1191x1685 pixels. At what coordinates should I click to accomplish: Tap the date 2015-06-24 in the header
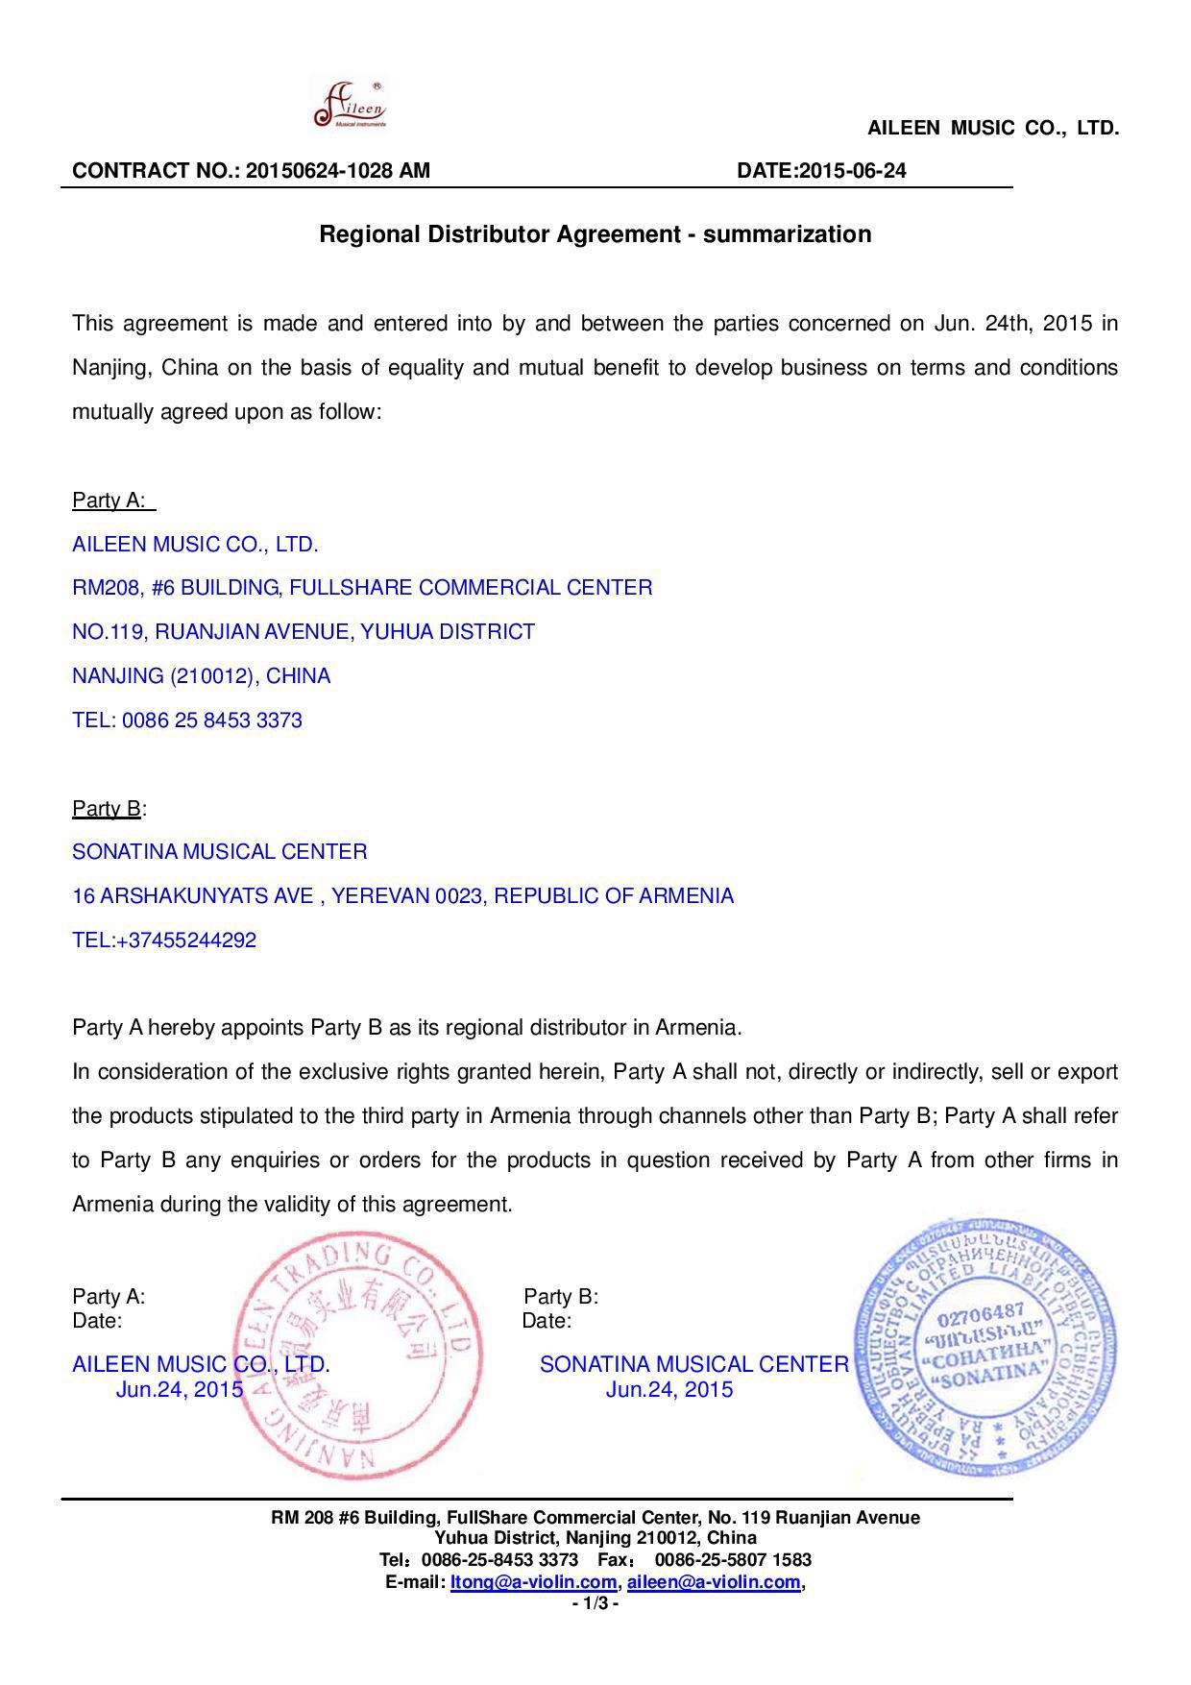tap(852, 171)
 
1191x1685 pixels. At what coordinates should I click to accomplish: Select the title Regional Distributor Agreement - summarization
tap(595, 234)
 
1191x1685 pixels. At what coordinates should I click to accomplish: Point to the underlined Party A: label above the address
tap(109, 501)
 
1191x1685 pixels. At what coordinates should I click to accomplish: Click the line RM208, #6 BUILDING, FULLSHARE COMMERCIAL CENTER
tap(362, 588)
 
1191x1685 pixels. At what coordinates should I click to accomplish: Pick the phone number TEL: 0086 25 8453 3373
tap(187, 720)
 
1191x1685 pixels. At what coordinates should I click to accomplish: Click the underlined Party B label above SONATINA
tap(107, 809)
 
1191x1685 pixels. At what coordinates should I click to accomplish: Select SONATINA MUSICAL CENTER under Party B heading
tap(220, 852)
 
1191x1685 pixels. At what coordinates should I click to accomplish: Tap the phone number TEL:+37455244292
tap(164, 940)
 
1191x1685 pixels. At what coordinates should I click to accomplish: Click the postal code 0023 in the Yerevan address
tap(459, 896)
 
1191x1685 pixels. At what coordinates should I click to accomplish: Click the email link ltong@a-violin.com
tap(533, 1582)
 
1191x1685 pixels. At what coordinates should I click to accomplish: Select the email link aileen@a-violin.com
tap(713, 1582)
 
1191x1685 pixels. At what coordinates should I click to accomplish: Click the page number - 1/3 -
tap(595, 1603)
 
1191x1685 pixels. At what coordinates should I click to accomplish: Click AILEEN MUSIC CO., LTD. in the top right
tap(993, 128)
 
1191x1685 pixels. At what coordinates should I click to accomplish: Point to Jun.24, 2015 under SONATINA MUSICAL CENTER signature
tap(668, 1390)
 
